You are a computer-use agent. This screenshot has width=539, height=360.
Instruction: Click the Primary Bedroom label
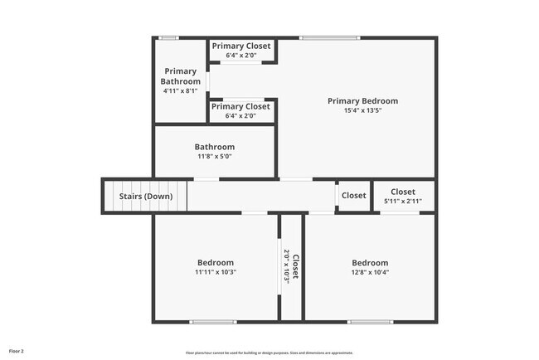point(362,101)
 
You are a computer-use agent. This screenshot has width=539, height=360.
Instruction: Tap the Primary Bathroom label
point(181,76)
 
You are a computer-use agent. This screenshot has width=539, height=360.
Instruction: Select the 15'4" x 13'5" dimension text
point(362,111)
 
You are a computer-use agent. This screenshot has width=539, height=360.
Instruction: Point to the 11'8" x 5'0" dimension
point(215,157)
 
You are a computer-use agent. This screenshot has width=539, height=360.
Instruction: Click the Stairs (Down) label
point(146,197)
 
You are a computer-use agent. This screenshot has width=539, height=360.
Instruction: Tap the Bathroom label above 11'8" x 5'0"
point(215,147)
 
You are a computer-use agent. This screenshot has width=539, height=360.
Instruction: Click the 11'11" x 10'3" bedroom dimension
point(215,272)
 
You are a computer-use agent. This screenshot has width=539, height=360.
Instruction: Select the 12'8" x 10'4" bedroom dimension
point(370,272)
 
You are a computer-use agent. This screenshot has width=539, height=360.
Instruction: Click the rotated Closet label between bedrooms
point(295,267)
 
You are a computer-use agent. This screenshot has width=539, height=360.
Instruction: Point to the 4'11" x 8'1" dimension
point(181,91)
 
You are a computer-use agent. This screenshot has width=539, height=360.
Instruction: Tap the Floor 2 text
point(17,351)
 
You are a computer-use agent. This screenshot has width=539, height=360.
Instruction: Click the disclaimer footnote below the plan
point(269,353)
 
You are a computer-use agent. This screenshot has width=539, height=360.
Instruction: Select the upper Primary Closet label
point(240,46)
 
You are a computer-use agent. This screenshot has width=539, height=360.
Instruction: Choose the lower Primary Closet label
point(240,106)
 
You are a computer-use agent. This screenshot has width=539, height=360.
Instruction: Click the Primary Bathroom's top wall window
point(169,37)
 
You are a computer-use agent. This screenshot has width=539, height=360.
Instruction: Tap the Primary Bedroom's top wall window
point(329,37)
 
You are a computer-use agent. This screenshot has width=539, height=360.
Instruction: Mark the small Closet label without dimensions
point(353,196)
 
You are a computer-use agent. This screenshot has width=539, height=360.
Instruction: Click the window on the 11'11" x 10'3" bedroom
point(213,322)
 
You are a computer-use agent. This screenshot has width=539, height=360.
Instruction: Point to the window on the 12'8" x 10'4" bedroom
point(370,322)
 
